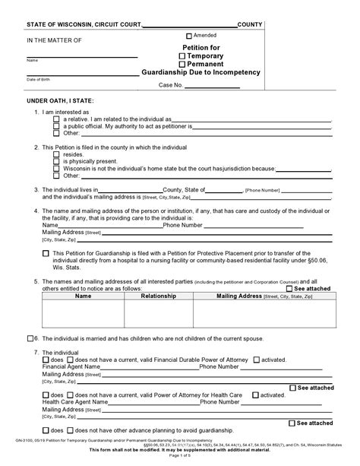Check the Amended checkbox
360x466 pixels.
pyautogui.click(x=190, y=36)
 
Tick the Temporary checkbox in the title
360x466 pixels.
pyautogui.click(x=182, y=56)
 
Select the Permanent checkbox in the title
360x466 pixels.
pyautogui.click(x=182, y=64)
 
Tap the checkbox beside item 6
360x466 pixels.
pyautogui.click(x=30, y=338)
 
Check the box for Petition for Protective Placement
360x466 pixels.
pyautogui.click(x=46, y=253)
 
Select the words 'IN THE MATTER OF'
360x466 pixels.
pyautogui.click(x=54, y=39)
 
